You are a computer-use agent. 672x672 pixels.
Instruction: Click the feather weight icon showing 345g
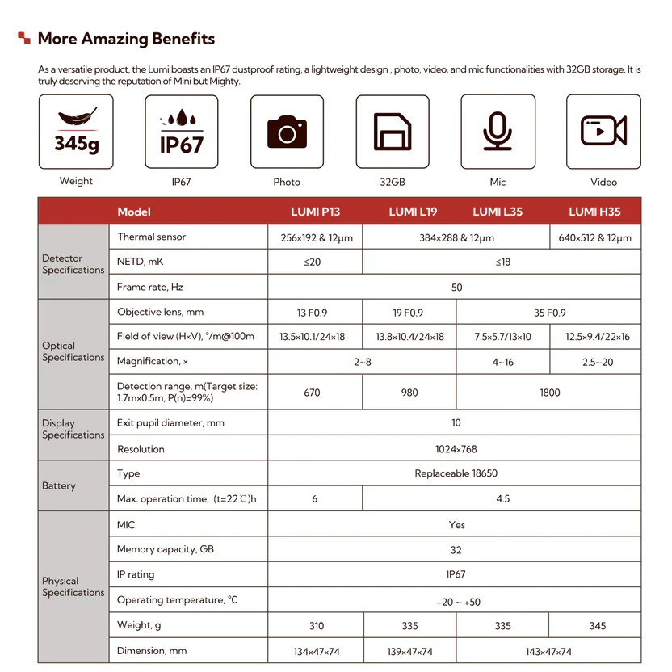[76, 132]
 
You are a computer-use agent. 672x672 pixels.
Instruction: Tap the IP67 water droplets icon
[181, 132]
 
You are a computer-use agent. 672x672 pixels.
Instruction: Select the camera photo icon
[287, 132]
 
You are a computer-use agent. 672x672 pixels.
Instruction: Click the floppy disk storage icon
[393, 132]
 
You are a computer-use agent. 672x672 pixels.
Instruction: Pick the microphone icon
[498, 132]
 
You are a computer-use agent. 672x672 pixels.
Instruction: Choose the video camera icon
[603, 132]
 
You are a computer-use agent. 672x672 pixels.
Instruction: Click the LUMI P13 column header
[315, 212]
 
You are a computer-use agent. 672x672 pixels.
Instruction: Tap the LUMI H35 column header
[594, 212]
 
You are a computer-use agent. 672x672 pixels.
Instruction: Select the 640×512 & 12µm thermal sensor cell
[594, 237]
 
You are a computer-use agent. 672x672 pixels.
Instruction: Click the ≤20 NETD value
[315, 262]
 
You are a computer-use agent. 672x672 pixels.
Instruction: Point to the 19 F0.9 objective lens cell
[409, 313]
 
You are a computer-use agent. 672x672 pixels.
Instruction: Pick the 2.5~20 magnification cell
[597, 362]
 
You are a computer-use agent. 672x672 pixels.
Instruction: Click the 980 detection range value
[409, 393]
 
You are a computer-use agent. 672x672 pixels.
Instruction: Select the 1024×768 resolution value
[457, 449]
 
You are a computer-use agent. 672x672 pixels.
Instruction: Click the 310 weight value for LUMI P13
[316, 626]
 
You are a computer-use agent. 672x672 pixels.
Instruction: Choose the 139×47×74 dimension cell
[409, 652]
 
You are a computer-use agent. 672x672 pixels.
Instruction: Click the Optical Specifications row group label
[73, 351]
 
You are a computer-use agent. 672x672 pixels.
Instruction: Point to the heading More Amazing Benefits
[126, 39]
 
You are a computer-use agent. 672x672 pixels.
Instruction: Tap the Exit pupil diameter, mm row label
[171, 423]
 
